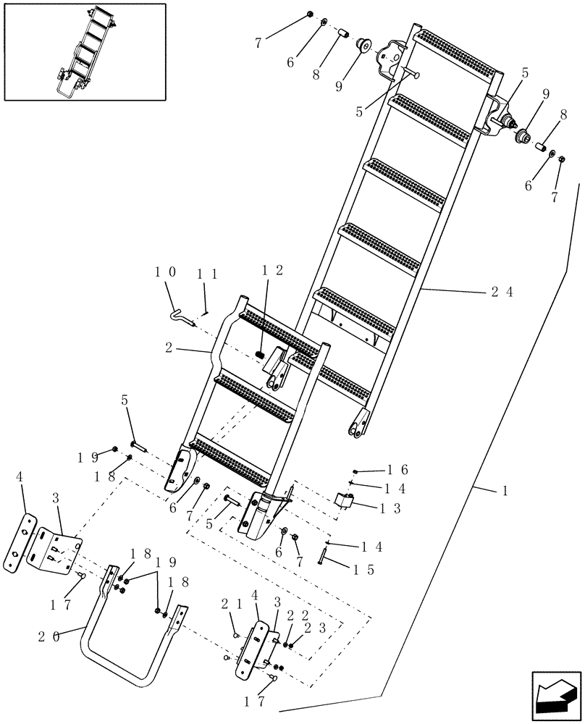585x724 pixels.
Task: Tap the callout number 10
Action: (x=164, y=272)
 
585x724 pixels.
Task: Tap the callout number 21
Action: (x=230, y=605)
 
